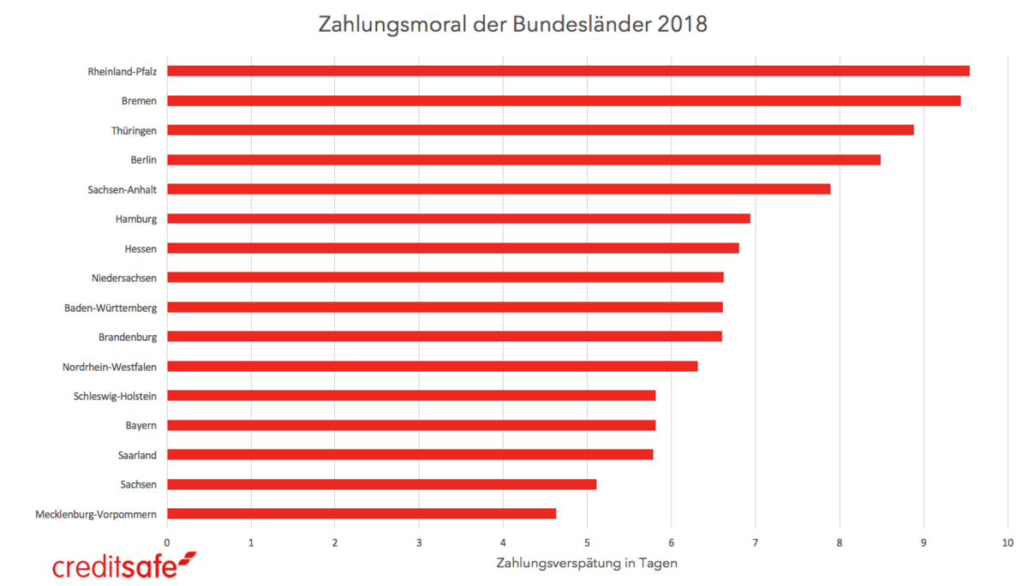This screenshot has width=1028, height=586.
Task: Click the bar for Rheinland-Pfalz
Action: pos(568,71)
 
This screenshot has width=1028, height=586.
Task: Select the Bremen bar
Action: pos(564,100)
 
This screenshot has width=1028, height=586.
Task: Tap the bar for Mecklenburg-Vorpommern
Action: pos(362,514)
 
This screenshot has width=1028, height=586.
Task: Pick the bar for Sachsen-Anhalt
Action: pos(499,189)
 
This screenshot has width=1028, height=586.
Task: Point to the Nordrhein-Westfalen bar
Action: pos(433,367)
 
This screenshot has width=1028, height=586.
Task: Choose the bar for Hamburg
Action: pos(458,218)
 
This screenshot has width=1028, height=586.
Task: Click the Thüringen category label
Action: pos(134,130)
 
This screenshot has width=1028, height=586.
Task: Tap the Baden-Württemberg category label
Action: pos(111,308)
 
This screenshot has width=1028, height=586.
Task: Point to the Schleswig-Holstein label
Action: pos(115,396)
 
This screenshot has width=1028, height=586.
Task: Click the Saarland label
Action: pos(137,455)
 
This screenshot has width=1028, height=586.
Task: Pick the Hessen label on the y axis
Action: pos(140,248)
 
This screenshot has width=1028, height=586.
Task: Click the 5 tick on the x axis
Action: pos(587,542)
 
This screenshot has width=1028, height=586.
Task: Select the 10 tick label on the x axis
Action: pos(1007,542)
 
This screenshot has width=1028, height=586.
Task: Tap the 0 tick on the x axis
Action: pos(167,542)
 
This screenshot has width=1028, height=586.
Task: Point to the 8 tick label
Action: pos(840,542)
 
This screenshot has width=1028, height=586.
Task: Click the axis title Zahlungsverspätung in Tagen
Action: pos(587,563)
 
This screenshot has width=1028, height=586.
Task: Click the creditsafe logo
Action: pos(124,565)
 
